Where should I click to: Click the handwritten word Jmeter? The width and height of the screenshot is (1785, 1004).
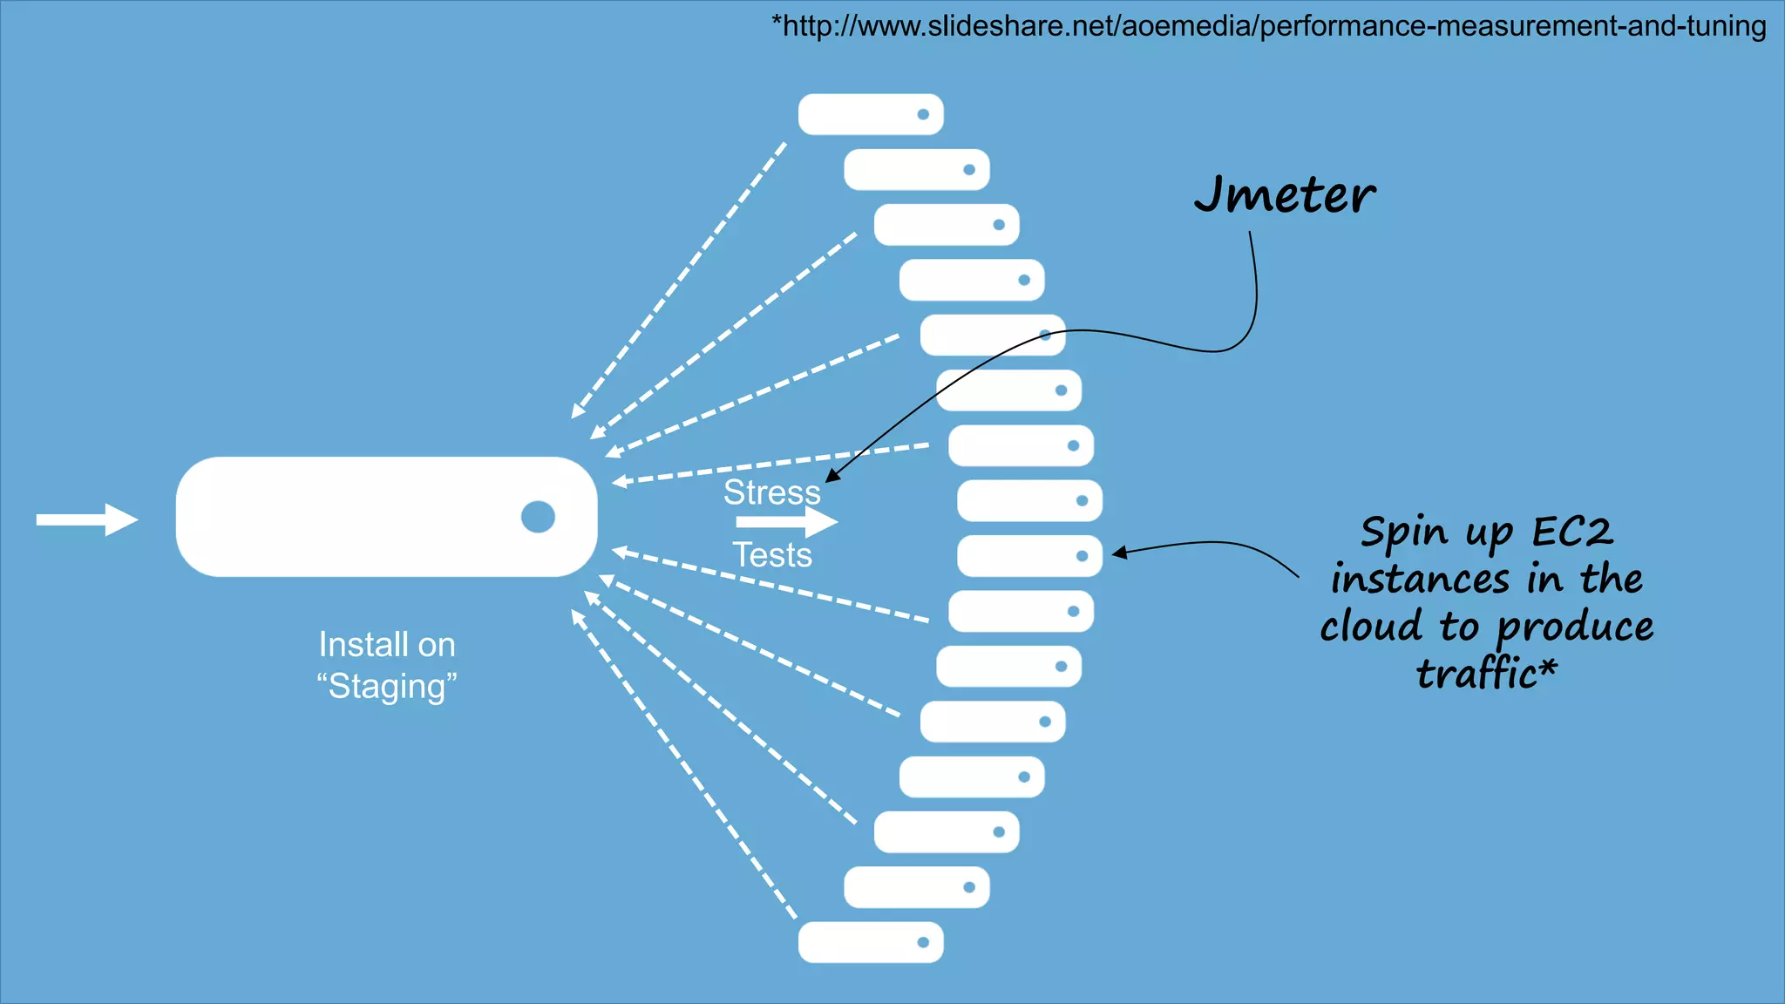point(1285,195)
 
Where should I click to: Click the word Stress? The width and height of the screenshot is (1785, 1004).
point(771,492)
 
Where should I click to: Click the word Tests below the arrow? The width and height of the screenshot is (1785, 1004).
point(771,555)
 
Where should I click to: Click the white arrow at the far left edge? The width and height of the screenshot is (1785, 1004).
point(86,519)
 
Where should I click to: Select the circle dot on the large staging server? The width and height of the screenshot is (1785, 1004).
point(538,517)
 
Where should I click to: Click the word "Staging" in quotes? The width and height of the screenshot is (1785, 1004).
point(386,687)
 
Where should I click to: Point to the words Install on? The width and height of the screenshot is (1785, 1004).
point(386,645)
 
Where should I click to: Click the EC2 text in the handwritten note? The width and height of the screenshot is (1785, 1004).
point(1572,532)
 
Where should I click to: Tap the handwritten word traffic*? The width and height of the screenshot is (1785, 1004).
point(1486,673)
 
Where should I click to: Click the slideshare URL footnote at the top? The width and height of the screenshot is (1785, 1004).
point(1268,26)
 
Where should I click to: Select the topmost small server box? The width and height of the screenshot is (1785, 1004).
point(870,114)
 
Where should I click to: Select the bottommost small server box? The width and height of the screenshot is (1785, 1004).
point(870,942)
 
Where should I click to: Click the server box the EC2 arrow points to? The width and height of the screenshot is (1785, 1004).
point(1028,556)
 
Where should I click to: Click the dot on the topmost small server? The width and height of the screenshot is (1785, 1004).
point(923,114)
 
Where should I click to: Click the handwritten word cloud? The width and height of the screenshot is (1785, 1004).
point(1370,626)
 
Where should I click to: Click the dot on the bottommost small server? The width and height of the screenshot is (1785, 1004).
point(923,942)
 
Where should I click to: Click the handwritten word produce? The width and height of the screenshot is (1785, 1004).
point(1574,627)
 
